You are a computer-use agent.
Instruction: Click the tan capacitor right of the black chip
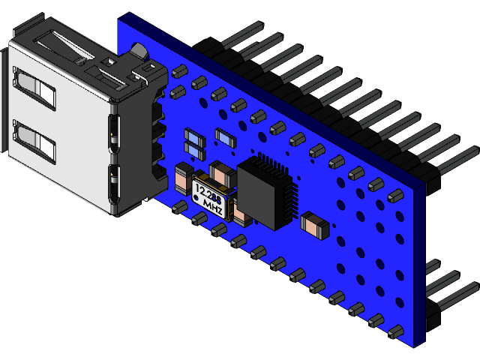point(314,224)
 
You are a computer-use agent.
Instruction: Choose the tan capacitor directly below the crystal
point(241,215)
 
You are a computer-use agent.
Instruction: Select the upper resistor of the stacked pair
point(194,137)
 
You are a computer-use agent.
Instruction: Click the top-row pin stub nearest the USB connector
point(178,72)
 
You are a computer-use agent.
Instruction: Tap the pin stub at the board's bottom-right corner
point(394,331)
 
